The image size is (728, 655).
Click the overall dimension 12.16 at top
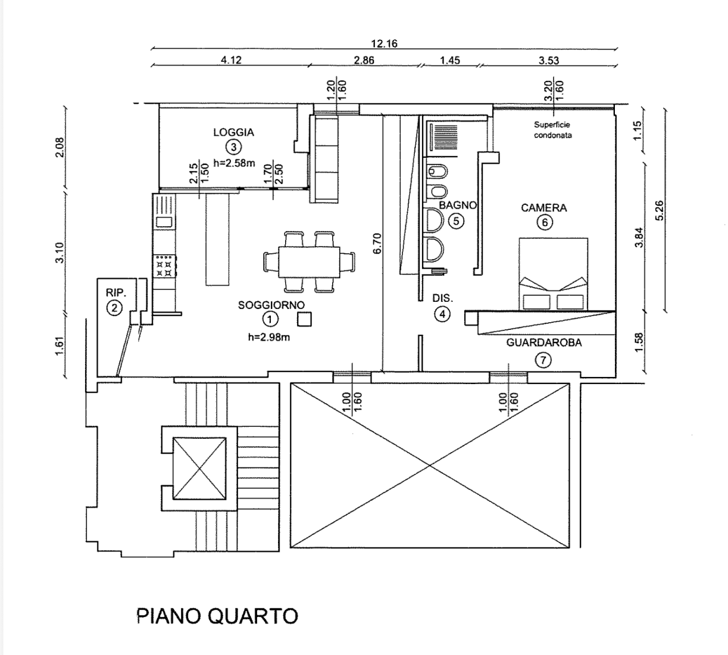(x=384, y=43)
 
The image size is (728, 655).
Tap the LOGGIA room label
(x=233, y=132)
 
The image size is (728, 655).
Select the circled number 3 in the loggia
(x=233, y=147)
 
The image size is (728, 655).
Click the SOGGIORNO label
(x=271, y=305)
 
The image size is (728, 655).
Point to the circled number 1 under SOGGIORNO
(x=270, y=320)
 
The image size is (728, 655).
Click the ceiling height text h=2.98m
(x=269, y=337)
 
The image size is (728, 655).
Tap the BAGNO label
(x=458, y=205)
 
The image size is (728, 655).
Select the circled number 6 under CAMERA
(x=543, y=223)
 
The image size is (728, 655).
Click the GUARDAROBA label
(x=543, y=342)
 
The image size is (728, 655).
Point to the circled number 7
(x=543, y=360)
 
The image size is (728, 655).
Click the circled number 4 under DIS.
(x=442, y=314)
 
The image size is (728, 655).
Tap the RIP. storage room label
(x=116, y=293)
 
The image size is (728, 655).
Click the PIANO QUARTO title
(x=217, y=615)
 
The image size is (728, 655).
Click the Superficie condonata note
(x=552, y=130)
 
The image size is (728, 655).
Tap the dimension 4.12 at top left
(x=231, y=60)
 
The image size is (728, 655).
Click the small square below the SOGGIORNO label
(x=305, y=320)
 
